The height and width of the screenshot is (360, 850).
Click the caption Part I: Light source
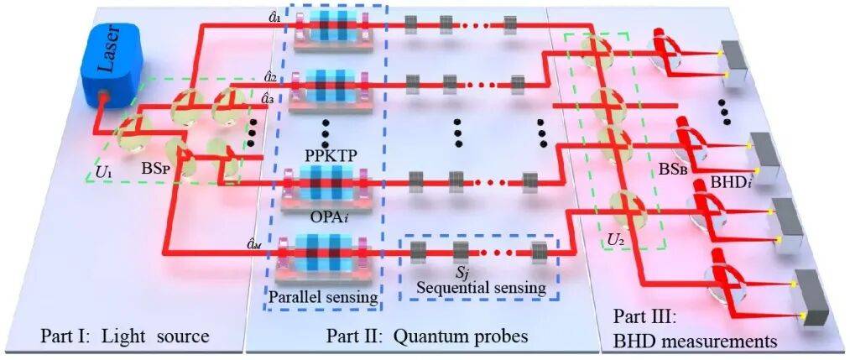(124, 337)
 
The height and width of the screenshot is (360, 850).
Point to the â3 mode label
(269, 98)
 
